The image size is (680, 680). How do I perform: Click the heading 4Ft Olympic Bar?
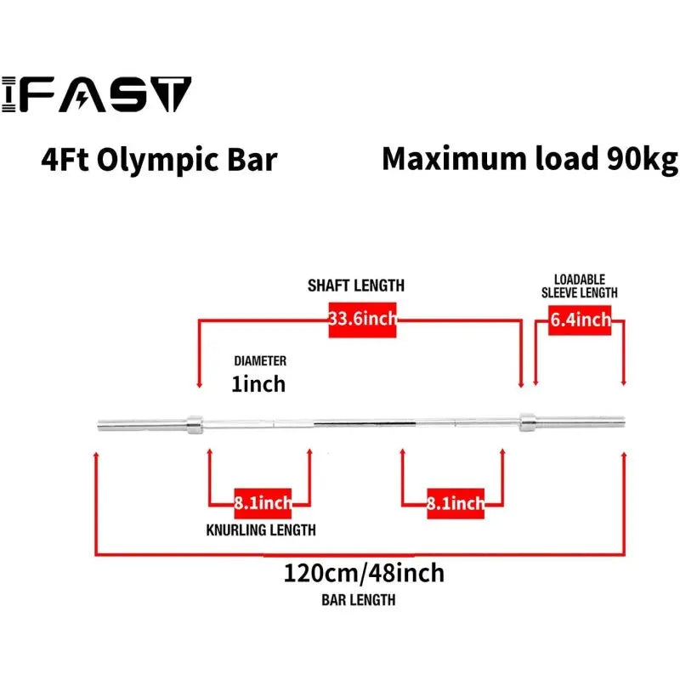pos(159,160)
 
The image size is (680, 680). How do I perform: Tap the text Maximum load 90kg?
pos(530,159)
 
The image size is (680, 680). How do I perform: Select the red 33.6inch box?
pos(361,320)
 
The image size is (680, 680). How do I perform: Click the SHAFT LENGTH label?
pos(355,286)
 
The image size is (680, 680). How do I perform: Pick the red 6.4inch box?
pos(580,320)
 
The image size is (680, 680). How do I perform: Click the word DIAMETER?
pos(260,360)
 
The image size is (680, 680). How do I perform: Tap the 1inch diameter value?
pos(258,384)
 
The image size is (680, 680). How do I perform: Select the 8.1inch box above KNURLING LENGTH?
pos(263,503)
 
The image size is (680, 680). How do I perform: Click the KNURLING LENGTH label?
pos(260,530)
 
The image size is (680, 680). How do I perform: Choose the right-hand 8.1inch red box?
pos(456,503)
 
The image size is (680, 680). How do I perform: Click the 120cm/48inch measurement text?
pos(364,573)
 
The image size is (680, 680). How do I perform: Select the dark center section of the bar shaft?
pos(365,422)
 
